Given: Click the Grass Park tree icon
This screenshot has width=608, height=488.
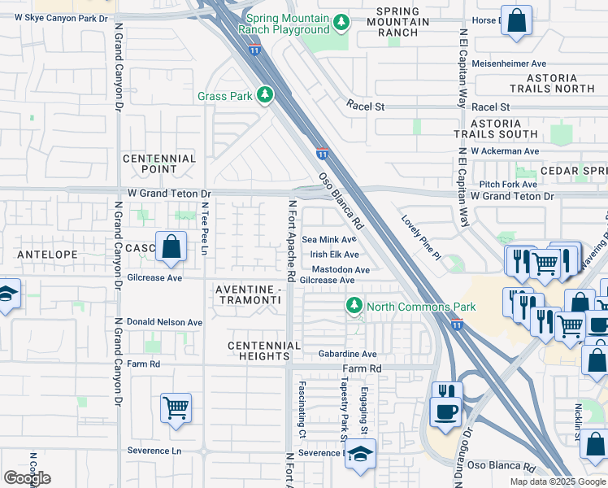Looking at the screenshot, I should click(264, 96).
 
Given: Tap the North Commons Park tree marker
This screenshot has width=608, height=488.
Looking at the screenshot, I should click(354, 306).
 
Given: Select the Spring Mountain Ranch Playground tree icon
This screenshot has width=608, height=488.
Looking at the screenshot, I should click(342, 21).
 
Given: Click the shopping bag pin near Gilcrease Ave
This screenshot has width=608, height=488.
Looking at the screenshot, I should click(172, 247).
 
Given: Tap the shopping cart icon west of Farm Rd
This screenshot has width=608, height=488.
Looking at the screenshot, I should click(176, 407).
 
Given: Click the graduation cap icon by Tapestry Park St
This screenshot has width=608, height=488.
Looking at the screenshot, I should click(360, 454).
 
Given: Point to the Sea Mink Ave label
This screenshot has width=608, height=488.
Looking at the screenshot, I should click(329, 240).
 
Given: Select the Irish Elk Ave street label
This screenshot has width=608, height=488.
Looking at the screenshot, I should click(334, 255).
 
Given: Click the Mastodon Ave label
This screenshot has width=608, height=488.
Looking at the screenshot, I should click(341, 269).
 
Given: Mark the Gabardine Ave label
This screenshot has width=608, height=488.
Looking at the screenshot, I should click(347, 354).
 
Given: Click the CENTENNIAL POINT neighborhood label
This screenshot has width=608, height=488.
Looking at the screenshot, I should click(159, 163).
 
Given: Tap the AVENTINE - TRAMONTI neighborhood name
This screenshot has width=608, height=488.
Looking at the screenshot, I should click(249, 296).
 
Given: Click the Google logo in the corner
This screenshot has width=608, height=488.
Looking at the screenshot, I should click(27, 478).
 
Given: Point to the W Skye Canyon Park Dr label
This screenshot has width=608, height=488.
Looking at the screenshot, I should click(61, 17).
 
